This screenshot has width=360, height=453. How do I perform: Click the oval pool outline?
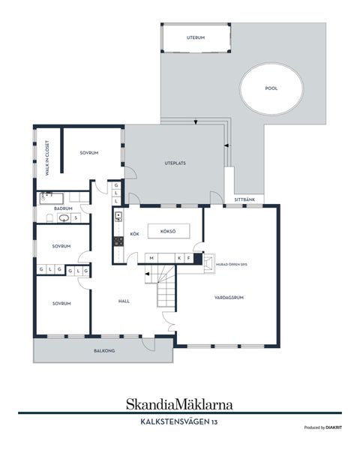pyautogui.click(x=271, y=88)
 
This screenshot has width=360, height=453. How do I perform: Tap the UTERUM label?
pyautogui.click(x=196, y=37)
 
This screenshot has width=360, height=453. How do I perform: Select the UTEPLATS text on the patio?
pyautogui.click(x=175, y=163)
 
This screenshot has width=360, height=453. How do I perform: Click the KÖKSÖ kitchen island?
pyautogui.click(x=168, y=232)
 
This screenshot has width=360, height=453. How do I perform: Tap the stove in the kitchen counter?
pyautogui.click(x=118, y=241)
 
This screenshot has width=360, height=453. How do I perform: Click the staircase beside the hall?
pyautogui.click(x=166, y=289)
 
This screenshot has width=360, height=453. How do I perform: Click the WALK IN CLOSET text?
pyautogui.click(x=46, y=158)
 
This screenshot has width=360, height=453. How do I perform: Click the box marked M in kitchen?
pyautogui.click(x=152, y=258)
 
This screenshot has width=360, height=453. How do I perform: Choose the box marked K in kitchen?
pyautogui.click(x=178, y=258)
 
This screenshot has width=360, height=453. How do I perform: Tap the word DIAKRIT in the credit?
pyautogui.click(x=334, y=427)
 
